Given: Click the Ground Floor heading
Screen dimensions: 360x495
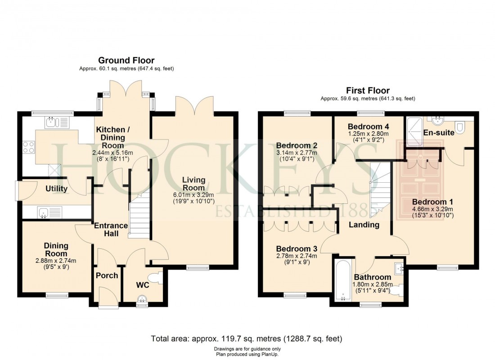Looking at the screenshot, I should pyautogui.click(x=126, y=60).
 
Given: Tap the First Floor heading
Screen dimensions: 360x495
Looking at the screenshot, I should pyautogui.click(x=368, y=90).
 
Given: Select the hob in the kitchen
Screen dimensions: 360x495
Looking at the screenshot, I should pyautogui.click(x=28, y=148).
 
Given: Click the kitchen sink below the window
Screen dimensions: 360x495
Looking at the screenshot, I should pyautogui.click(x=51, y=121).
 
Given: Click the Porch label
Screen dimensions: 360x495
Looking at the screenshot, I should pyautogui.click(x=108, y=275).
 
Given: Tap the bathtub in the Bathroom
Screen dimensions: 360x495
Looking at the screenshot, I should pyautogui.click(x=342, y=281).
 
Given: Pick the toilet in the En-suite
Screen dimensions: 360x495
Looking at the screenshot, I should pyautogui.click(x=460, y=127).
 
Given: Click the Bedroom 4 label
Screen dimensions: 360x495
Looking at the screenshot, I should pyautogui.click(x=369, y=126).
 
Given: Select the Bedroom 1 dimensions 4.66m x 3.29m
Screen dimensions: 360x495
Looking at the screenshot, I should pyautogui.click(x=432, y=209).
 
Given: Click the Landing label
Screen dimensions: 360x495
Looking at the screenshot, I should pyautogui.click(x=364, y=225).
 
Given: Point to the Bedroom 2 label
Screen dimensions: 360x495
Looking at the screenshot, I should pyautogui.click(x=297, y=145).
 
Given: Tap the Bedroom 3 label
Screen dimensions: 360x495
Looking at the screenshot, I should pyautogui.click(x=297, y=248).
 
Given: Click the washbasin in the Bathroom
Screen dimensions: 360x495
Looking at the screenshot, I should pyautogui.click(x=398, y=269).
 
